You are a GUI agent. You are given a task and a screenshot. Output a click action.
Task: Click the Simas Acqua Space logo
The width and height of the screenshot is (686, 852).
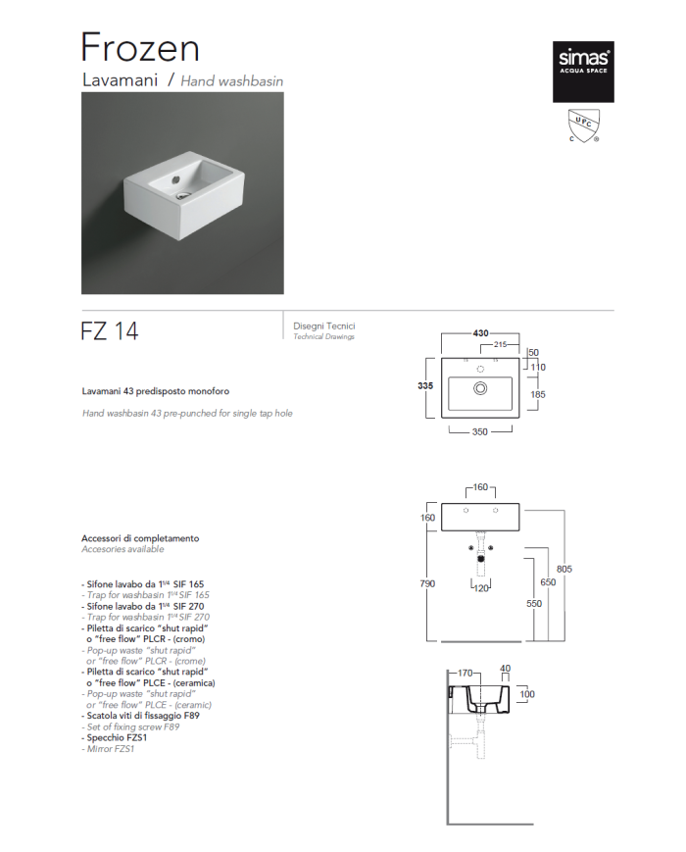[x=583, y=72]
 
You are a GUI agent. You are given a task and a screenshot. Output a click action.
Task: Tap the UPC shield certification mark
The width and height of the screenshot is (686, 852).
[x=584, y=125]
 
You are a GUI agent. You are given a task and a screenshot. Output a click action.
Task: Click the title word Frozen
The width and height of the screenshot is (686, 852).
[x=140, y=47]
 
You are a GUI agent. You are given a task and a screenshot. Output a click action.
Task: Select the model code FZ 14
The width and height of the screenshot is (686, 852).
[x=110, y=331]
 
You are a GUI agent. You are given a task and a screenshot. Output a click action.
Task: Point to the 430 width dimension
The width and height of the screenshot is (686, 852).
[x=480, y=333]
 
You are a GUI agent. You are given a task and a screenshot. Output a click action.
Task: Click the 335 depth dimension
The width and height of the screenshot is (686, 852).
[x=425, y=385]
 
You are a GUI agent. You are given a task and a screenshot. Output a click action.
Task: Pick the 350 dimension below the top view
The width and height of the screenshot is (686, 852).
[x=479, y=432]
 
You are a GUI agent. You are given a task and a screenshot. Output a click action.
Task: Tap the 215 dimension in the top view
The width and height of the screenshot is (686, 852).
[x=500, y=344]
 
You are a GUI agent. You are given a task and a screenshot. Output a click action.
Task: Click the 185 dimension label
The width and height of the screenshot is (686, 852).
[x=538, y=394]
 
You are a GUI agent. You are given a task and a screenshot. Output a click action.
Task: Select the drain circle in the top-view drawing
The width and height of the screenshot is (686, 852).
[x=480, y=388]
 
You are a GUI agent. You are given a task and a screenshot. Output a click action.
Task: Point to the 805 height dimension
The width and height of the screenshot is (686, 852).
[x=564, y=569]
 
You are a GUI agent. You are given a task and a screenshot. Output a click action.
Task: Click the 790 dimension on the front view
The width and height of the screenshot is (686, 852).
[x=427, y=583]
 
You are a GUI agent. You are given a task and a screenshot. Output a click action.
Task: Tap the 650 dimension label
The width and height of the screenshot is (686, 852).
[x=548, y=582]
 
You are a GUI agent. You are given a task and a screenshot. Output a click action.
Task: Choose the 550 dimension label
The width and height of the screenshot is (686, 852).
[x=534, y=604]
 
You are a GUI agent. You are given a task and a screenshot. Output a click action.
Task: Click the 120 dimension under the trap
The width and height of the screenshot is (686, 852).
[x=481, y=588]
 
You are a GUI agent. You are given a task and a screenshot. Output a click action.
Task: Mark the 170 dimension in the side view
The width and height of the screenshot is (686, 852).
[x=465, y=674]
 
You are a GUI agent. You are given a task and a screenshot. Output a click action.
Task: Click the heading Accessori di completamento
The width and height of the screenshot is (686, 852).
[x=140, y=538]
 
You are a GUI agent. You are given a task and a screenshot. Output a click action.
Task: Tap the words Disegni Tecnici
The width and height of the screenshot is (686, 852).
[x=324, y=326]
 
